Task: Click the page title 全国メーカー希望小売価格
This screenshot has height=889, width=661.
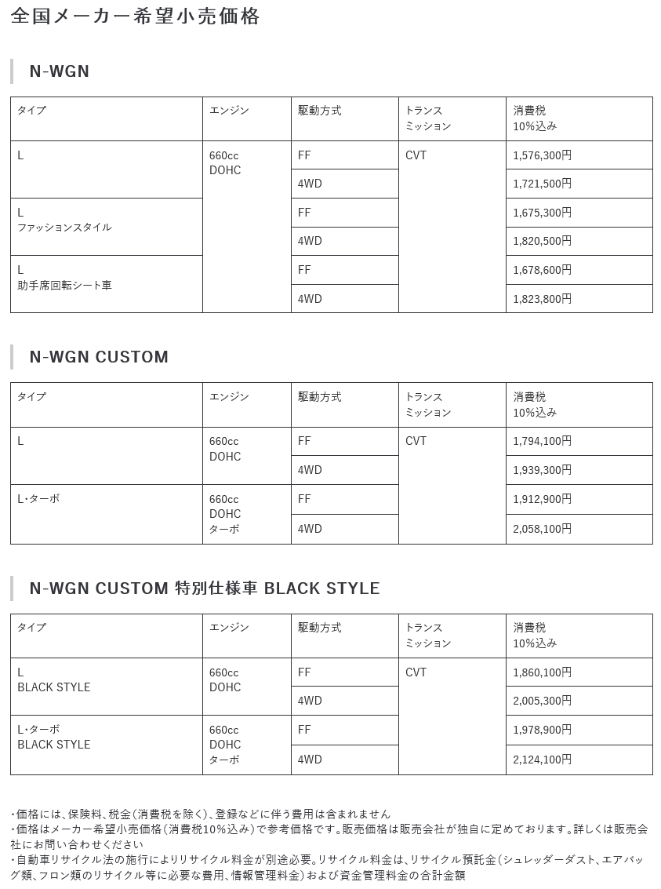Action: (x=136, y=16)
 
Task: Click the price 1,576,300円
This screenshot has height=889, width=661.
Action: (x=542, y=155)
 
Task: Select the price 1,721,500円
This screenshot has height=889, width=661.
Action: (x=542, y=184)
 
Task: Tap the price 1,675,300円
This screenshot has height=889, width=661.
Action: (x=542, y=213)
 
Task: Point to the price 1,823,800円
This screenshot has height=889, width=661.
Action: (x=542, y=299)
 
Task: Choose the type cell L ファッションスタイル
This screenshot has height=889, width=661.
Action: (x=64, y=220)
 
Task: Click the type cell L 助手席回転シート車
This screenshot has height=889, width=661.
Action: (x=64, y=277)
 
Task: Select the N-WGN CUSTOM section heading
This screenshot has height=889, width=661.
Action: (x=99, y=357)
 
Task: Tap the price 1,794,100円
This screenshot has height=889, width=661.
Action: (x=542, y=441)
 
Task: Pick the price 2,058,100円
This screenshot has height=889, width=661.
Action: (x=542, y=529)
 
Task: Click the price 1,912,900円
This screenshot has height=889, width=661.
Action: (x=542, y=499)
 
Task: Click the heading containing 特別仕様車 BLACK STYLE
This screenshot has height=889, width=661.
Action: (x=204, y=588)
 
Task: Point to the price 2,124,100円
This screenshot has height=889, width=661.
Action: (x=542, y=760)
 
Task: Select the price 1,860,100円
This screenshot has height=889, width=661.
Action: (x=542, y=672)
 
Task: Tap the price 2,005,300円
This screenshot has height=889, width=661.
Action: (x=542, y=701)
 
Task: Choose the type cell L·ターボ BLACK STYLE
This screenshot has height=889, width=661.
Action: (x=54, y=737)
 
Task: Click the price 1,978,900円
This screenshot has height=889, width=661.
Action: (x=542, y=730)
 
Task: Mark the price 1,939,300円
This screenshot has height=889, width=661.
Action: (x=542, y=470)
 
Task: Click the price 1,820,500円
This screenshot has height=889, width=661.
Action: (x=542, y=241)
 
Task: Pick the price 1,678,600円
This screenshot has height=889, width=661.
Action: (x=542, y=270)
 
